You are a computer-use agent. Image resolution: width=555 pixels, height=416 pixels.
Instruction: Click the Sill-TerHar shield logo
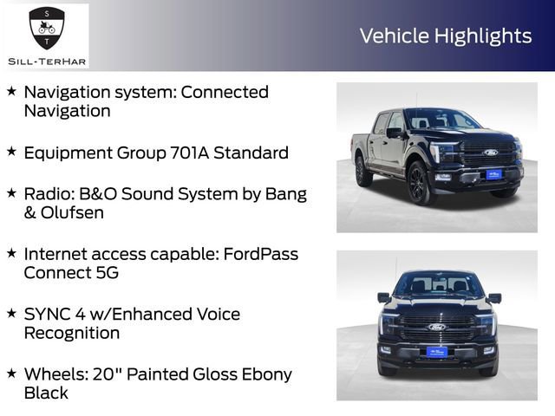(46, 29)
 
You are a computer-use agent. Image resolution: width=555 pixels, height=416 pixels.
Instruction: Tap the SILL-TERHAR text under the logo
(46, 61)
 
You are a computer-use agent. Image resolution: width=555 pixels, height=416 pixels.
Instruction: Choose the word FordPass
(259, 254)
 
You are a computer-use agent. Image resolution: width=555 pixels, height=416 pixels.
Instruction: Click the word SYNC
(46, 314)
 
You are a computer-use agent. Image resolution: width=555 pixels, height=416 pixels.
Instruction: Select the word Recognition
(72, 333)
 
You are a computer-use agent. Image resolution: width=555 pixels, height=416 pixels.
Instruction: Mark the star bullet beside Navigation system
(11, 91)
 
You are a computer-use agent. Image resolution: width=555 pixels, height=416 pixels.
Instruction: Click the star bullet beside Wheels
(11, 374)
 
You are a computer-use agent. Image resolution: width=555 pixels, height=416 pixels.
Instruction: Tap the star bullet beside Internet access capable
(11, 253)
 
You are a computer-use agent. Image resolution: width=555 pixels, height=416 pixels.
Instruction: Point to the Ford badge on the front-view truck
(436, 328)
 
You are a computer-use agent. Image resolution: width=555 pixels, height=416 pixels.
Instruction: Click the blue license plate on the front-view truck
(436, 351)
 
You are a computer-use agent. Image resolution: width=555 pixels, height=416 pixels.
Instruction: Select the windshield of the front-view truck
(437, 285)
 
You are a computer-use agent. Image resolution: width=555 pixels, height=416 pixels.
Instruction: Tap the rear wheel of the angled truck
(362, 171)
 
